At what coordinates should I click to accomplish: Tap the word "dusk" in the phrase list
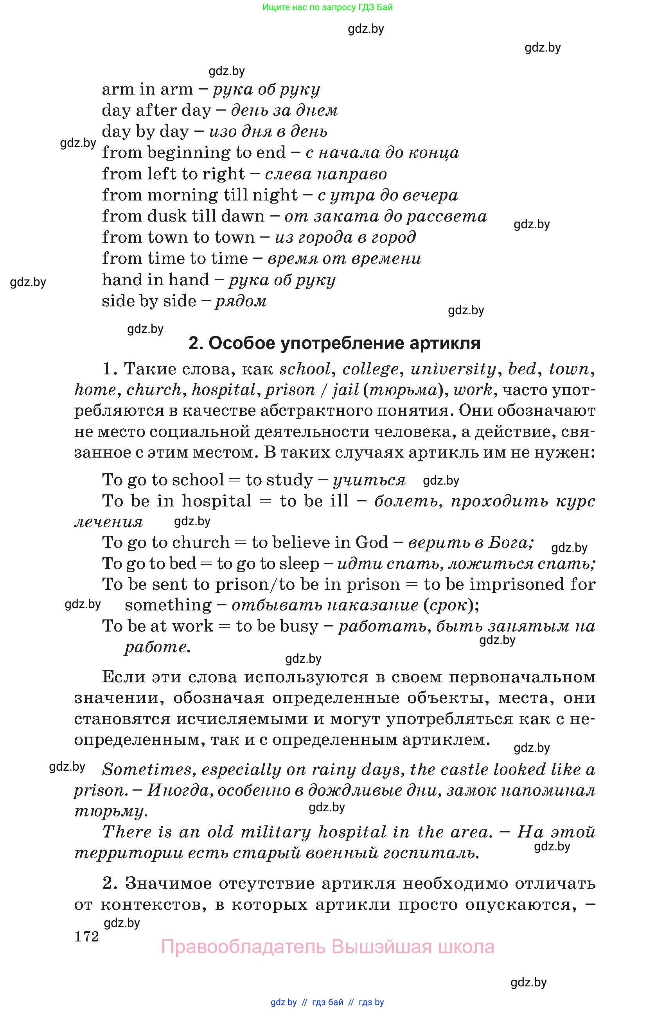pos(167,216)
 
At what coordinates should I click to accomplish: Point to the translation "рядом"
pos(241,301)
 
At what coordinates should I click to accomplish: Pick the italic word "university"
pos(453,369)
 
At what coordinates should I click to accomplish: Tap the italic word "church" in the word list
pos(154,390)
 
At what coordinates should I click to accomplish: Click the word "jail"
pos(345,390)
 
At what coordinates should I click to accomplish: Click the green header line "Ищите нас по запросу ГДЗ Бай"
pos(327,7)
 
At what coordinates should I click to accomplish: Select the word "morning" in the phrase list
pos(182,195)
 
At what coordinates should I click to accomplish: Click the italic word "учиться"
pos(369,480)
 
